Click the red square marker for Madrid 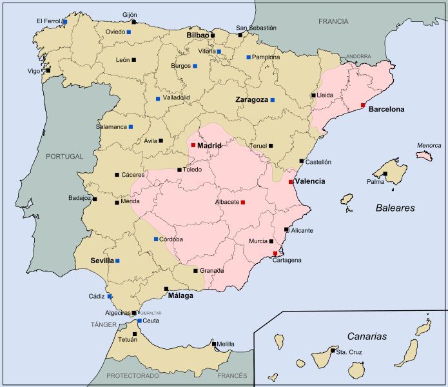(x=193, y=145)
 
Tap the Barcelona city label (x=386, y=110)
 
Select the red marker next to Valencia (x=291, y=182)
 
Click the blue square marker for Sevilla (x=117, y=261)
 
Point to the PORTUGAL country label (x=64, y=156)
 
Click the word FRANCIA (x=333, y=21)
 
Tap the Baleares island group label (x=395, y=208)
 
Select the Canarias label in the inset (x=367, y=336)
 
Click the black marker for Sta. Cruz (x=333, y=352)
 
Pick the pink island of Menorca (x=424, y=156)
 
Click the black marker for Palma (x=385, y=174)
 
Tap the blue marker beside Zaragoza (x=273, y=100)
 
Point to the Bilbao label (x=198, y=35)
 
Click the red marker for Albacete (x=243, y=202)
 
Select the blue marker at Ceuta (x=139, y=321)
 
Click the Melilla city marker (x=214, y=344)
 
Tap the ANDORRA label (x=358, y=57)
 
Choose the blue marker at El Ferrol (x=65, y=21)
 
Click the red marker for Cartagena (x=275, y=253)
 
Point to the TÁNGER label (x=103, y=325)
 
